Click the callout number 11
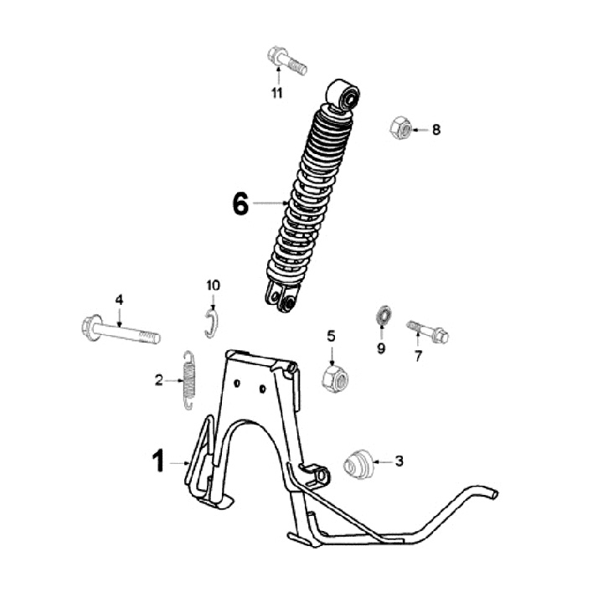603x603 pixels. click(x=277, y=93)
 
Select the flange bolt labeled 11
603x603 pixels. click(x=286, y=59)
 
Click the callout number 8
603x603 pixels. click(x=436, y=130)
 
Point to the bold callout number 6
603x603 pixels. click(x=240, y=204)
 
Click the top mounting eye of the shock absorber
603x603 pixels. click(x=346, y=94)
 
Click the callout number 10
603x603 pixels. click(x=213, y=286)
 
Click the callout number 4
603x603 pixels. click(x=119, y=299)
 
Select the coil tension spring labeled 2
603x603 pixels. click(x=188, y=380)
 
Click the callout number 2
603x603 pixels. click(x=157, y=381)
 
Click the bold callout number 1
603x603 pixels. click(x=157, y=461)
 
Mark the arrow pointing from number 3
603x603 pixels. click(x=383, y=461)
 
